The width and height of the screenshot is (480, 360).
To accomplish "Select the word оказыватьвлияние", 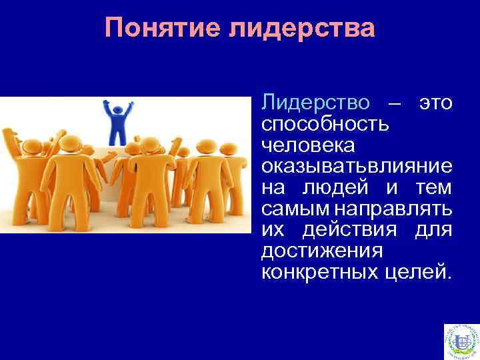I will tap(357, 165).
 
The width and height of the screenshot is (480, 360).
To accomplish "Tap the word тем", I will tap(434, 187).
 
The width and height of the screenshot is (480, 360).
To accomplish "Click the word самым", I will tap(293, 208).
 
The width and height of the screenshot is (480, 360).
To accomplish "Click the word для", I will tap(435, 229).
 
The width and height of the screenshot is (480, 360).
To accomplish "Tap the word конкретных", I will tap(317, 271).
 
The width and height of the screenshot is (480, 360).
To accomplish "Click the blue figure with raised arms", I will tap(118, 123).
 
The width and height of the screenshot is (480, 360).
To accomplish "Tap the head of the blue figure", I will tap(118, 106).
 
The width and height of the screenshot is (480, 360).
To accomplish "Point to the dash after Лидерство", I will tap(394, 104).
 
